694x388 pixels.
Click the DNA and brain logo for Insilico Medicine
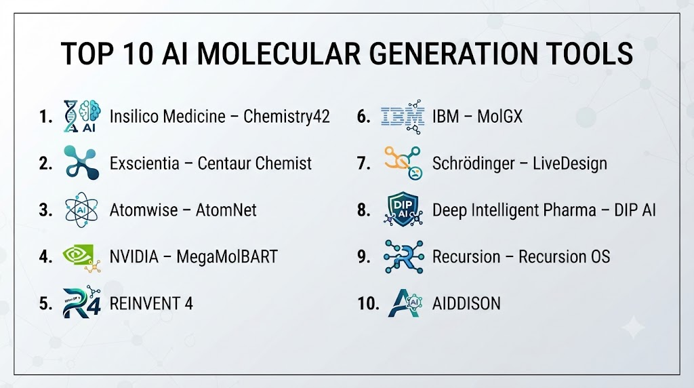(x=82, y=116)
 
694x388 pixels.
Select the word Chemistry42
(x=287, y=117)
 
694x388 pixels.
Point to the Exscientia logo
(x=81, y=163)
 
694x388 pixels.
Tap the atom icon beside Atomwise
(x=81, y=210)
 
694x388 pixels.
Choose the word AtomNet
(x=226, y=210)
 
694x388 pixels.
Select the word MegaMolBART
(x=226, y=257)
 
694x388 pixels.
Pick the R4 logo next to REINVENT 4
(x=82, y=303)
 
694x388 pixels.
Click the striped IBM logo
(x=403, y=117)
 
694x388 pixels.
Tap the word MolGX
(x=499, y=117)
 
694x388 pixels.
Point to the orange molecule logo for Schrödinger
(x=403, y=163)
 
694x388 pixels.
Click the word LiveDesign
(x=569, y=164)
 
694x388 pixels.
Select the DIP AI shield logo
(x=403, y=210)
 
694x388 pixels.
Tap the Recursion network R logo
(x=404, y=256)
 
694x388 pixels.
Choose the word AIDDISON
(x=466, y=304)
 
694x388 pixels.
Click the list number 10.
(x=368, y=304)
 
